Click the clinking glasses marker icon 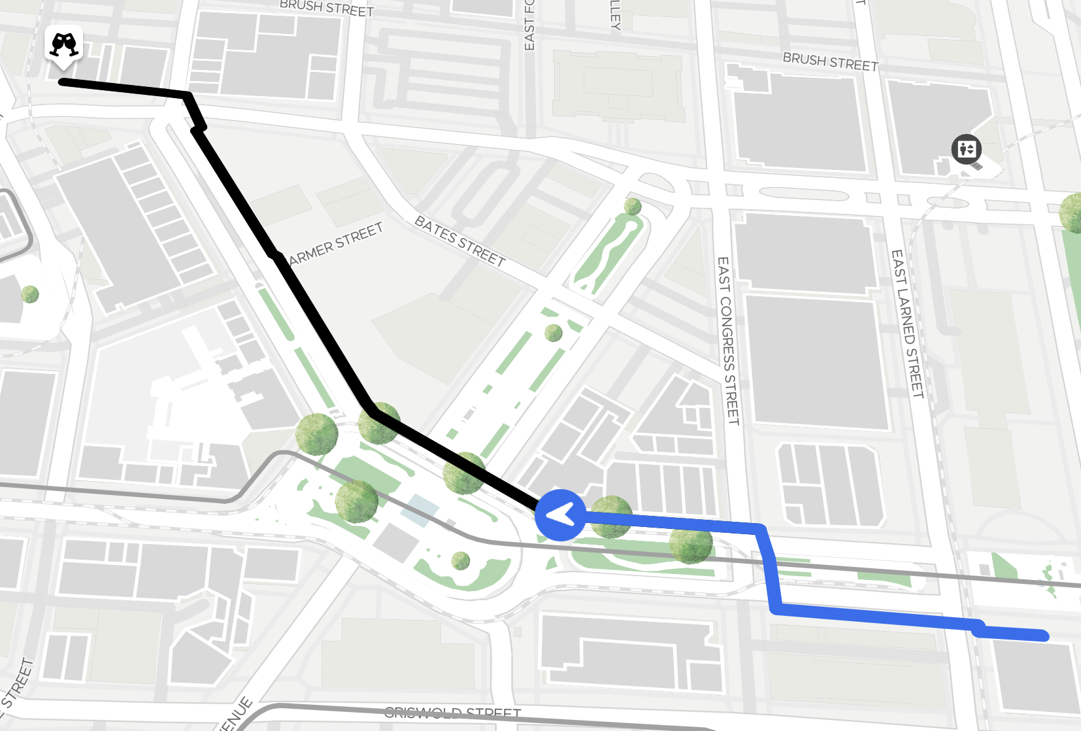63,45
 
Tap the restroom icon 966,148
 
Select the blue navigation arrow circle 560,515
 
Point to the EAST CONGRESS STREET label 728,340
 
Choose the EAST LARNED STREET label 908,324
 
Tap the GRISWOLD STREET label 452,712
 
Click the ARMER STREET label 336,244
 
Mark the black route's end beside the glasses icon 62,82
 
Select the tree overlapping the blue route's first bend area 691,543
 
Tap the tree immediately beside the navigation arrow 610,517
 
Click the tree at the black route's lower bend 379,423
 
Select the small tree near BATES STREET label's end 554,333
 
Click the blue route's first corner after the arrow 760,528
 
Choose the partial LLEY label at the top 614,14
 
